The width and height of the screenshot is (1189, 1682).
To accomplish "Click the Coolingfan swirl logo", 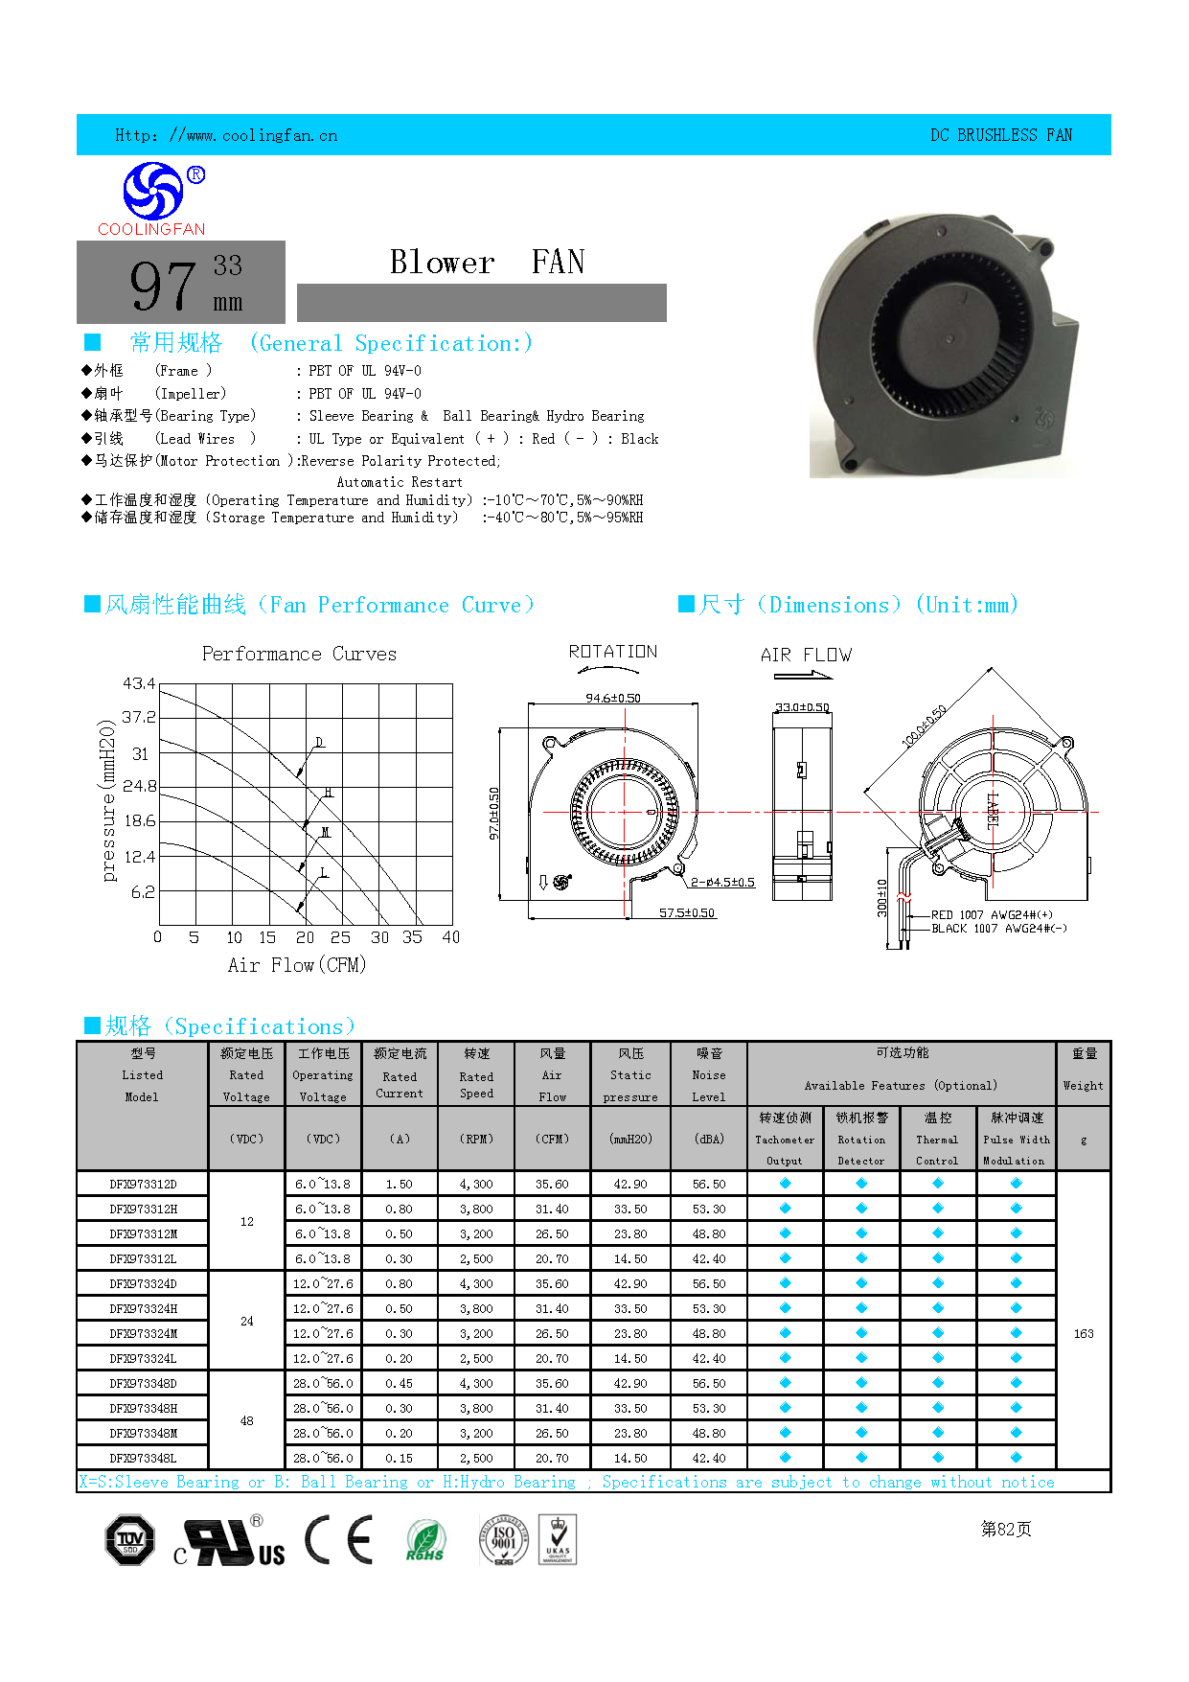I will coord(153,191).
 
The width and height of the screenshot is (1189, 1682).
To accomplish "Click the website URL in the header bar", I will coord(226,135).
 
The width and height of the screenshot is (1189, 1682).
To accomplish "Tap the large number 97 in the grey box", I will coord(163,286).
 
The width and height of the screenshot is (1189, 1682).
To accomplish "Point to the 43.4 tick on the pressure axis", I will coord(139,683).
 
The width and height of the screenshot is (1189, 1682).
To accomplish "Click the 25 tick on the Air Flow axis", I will coord(340,937).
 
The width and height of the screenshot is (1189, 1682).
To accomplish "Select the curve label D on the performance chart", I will coord(319,743).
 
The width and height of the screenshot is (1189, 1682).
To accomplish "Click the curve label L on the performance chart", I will coord(323,872).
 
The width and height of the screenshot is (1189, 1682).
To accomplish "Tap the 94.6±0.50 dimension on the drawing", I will coord(613,698).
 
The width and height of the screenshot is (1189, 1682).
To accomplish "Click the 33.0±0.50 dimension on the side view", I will coord(802,707).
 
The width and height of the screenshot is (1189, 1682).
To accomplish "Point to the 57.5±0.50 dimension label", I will coord(687,912).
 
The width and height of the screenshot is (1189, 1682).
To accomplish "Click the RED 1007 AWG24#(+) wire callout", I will coord(992,914).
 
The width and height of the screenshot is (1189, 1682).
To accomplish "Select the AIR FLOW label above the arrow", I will coord(806,655).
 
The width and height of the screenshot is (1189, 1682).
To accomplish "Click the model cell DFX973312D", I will coord(143,1184).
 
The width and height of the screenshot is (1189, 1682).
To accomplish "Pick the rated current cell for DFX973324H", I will coord(400,1308).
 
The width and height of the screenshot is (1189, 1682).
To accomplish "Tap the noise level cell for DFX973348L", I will coord(709,1458).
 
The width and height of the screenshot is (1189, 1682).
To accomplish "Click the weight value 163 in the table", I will coord(1084,1333).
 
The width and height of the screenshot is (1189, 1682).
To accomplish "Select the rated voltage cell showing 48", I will coord(247,1420).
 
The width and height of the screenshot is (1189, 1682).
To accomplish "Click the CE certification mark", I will coord(339,1540).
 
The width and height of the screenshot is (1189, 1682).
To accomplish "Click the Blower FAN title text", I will coord(487,262).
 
